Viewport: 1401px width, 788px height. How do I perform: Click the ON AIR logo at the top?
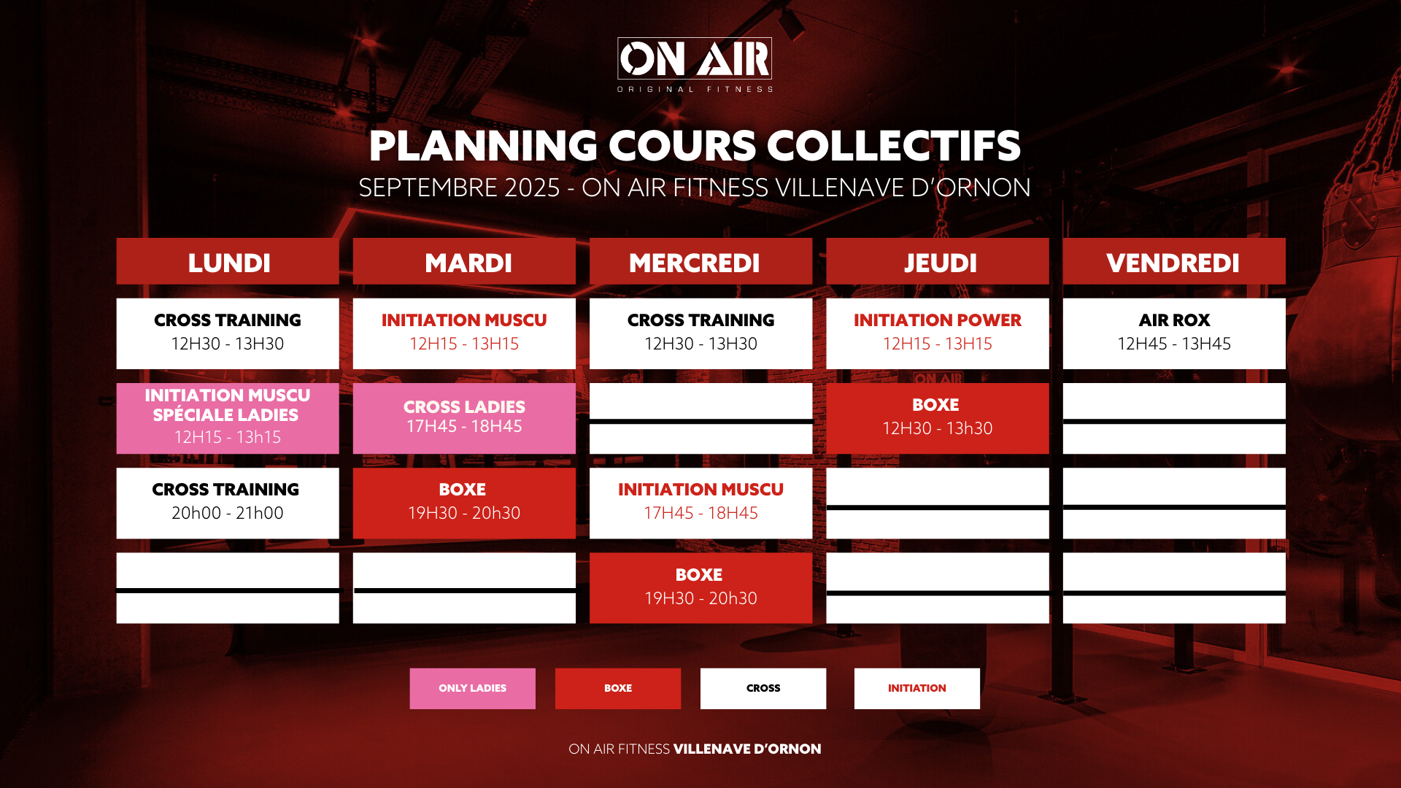(x=695, y=65)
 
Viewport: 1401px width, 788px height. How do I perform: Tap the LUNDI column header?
(x=228, y=261)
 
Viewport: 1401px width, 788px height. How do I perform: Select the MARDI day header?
(x=464, y=261)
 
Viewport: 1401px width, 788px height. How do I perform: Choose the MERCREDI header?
(x=700, y=261)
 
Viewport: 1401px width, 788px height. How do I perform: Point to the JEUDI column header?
(x=938, y=261)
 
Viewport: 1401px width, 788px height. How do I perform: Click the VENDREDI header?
(x=1174, y=261)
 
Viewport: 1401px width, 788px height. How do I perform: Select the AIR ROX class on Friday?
(x=1174, y=333)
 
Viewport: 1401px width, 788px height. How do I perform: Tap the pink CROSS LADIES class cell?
(x=464, y=418)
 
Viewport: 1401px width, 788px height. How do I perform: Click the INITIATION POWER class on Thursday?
(x=938, y=333)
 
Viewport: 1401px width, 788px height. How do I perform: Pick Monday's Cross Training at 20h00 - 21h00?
(x=228, y=503)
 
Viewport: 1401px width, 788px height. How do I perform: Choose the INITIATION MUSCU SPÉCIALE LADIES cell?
(x=228, y=418)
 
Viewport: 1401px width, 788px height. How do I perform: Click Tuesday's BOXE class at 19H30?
(x=464, y=503)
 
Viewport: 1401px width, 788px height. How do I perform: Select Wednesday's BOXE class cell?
(x=700, y=588)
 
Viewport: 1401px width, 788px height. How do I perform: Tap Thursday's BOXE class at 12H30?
(x=938, y=418)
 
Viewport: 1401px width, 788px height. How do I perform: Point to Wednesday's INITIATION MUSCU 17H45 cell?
(x=700, y=503)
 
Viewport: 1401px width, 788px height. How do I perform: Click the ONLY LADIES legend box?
(x=472, y=689)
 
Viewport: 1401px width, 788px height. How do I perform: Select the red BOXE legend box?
(x=618, y=689)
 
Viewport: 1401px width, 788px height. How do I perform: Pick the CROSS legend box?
(x=763, y=689)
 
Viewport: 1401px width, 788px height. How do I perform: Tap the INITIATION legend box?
(x=917, y=689)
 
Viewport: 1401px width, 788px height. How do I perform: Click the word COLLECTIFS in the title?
(x=894, y=146)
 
